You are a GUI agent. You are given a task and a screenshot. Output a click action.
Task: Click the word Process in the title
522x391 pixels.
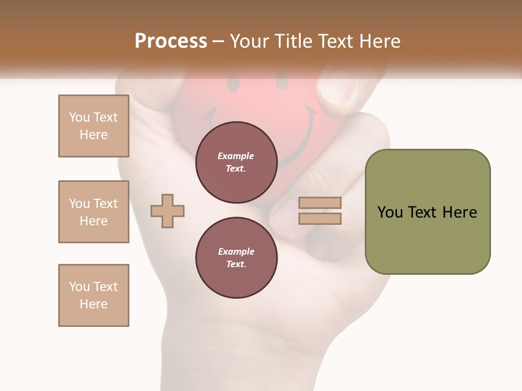click(x=171, y=41)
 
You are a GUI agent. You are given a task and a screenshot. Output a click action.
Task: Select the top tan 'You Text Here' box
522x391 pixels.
click(x=94, y=126)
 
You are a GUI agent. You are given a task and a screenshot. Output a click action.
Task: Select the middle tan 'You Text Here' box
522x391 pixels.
click(x=94, y=212)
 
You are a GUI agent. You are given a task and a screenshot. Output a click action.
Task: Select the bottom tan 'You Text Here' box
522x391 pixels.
click(x=94, y=295)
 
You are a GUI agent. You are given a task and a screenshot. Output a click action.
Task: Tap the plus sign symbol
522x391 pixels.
click(x=167, y=211)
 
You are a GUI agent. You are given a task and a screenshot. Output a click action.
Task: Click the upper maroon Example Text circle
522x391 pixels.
click(x=236, y=162)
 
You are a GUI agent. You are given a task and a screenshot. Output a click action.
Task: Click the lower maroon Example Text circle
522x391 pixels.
click(x=236, y=257)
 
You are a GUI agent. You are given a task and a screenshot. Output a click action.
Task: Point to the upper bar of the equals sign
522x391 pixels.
click(x=320, y=203)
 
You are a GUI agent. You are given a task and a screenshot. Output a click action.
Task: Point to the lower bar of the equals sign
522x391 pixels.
click(x=320, y=219)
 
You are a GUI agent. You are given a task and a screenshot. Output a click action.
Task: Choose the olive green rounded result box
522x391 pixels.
click(x=427, y=212)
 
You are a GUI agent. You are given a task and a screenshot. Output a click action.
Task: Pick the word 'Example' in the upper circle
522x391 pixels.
click(x=235, y=156)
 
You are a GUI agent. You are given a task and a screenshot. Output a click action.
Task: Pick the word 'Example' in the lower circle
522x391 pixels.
click(x=236, y=251)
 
